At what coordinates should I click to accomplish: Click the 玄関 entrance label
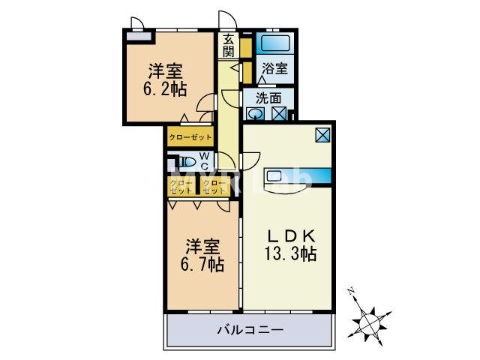pos(228,46)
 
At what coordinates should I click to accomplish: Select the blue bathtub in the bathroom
pos(275,42)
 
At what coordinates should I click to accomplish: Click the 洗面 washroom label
pos(268,97)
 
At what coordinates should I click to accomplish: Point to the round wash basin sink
pos(256,114)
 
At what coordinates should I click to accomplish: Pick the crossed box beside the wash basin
pos(279,114)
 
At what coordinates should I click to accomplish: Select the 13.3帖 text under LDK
pos(288,253)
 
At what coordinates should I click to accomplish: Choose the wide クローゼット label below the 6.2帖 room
pos(190,137)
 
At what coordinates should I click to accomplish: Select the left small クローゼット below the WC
pos(179,187)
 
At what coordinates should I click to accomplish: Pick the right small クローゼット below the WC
pos(213,187)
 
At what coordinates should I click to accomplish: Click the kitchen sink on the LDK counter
pos(275,176)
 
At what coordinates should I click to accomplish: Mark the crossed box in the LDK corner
pos(322,135)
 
